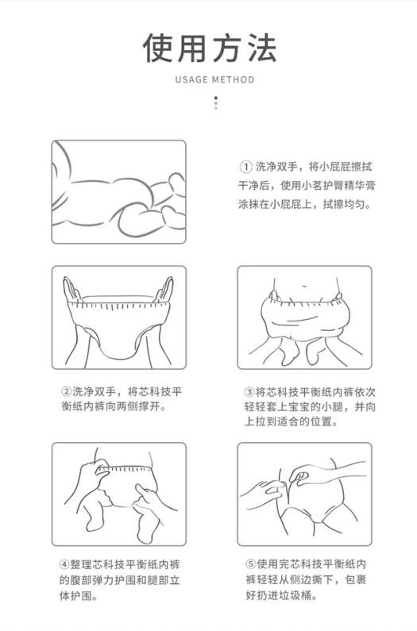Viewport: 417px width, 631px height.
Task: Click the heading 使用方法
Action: [209, 48]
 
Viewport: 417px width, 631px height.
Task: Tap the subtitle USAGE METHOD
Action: [214, 79]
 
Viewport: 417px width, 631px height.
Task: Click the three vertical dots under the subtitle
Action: [214, 103]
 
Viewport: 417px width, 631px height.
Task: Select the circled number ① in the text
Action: [245, 167]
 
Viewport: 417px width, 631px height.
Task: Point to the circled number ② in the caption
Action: [66, 391]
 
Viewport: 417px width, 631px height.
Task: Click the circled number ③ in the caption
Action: [249, 391]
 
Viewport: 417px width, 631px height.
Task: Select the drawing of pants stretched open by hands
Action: [119, 317]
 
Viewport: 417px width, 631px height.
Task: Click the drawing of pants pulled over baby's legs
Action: [304, 317]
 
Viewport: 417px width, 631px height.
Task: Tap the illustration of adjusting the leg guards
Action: [119, 494]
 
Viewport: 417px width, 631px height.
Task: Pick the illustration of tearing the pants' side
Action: [304, 494]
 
